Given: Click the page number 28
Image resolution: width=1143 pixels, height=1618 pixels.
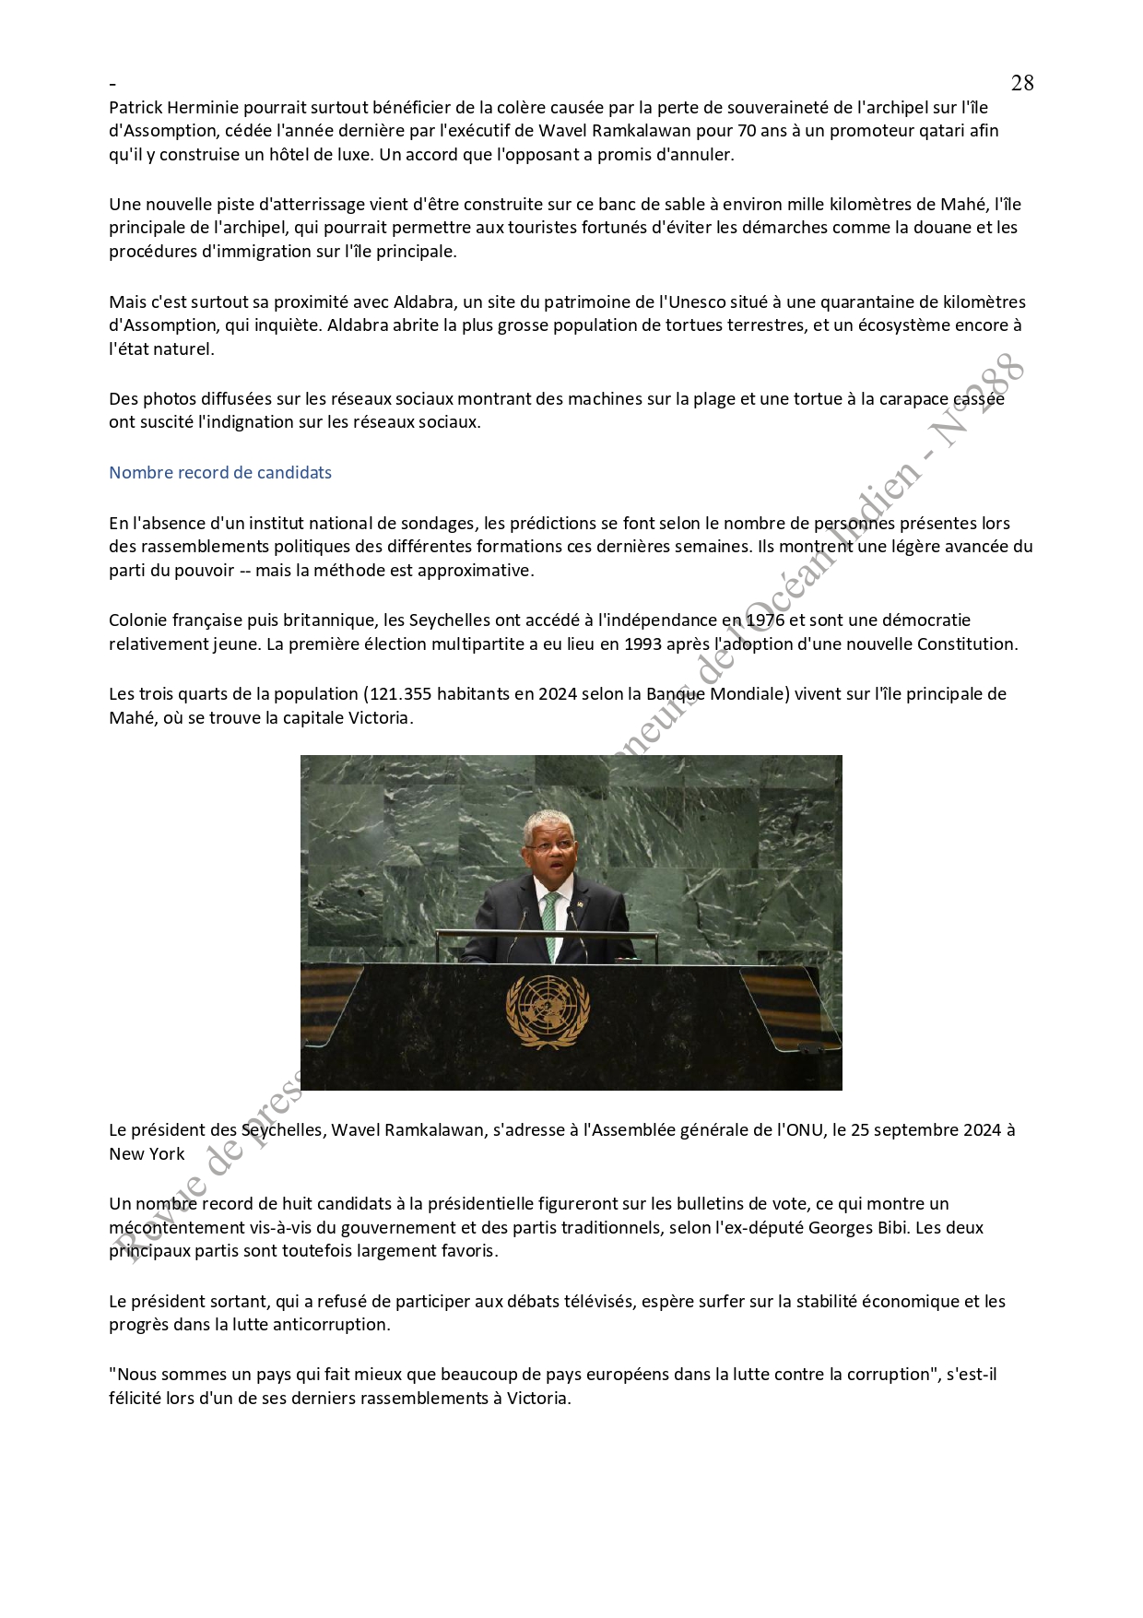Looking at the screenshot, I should point(1022,83).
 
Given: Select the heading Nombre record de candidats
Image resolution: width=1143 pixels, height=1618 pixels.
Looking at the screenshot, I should point(220,473).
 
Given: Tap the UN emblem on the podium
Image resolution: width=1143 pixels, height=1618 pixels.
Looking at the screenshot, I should point(548,1011).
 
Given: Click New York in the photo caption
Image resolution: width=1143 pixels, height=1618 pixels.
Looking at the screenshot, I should point(147,1154).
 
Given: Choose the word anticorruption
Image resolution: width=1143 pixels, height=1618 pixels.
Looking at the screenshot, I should point(336,1325).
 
